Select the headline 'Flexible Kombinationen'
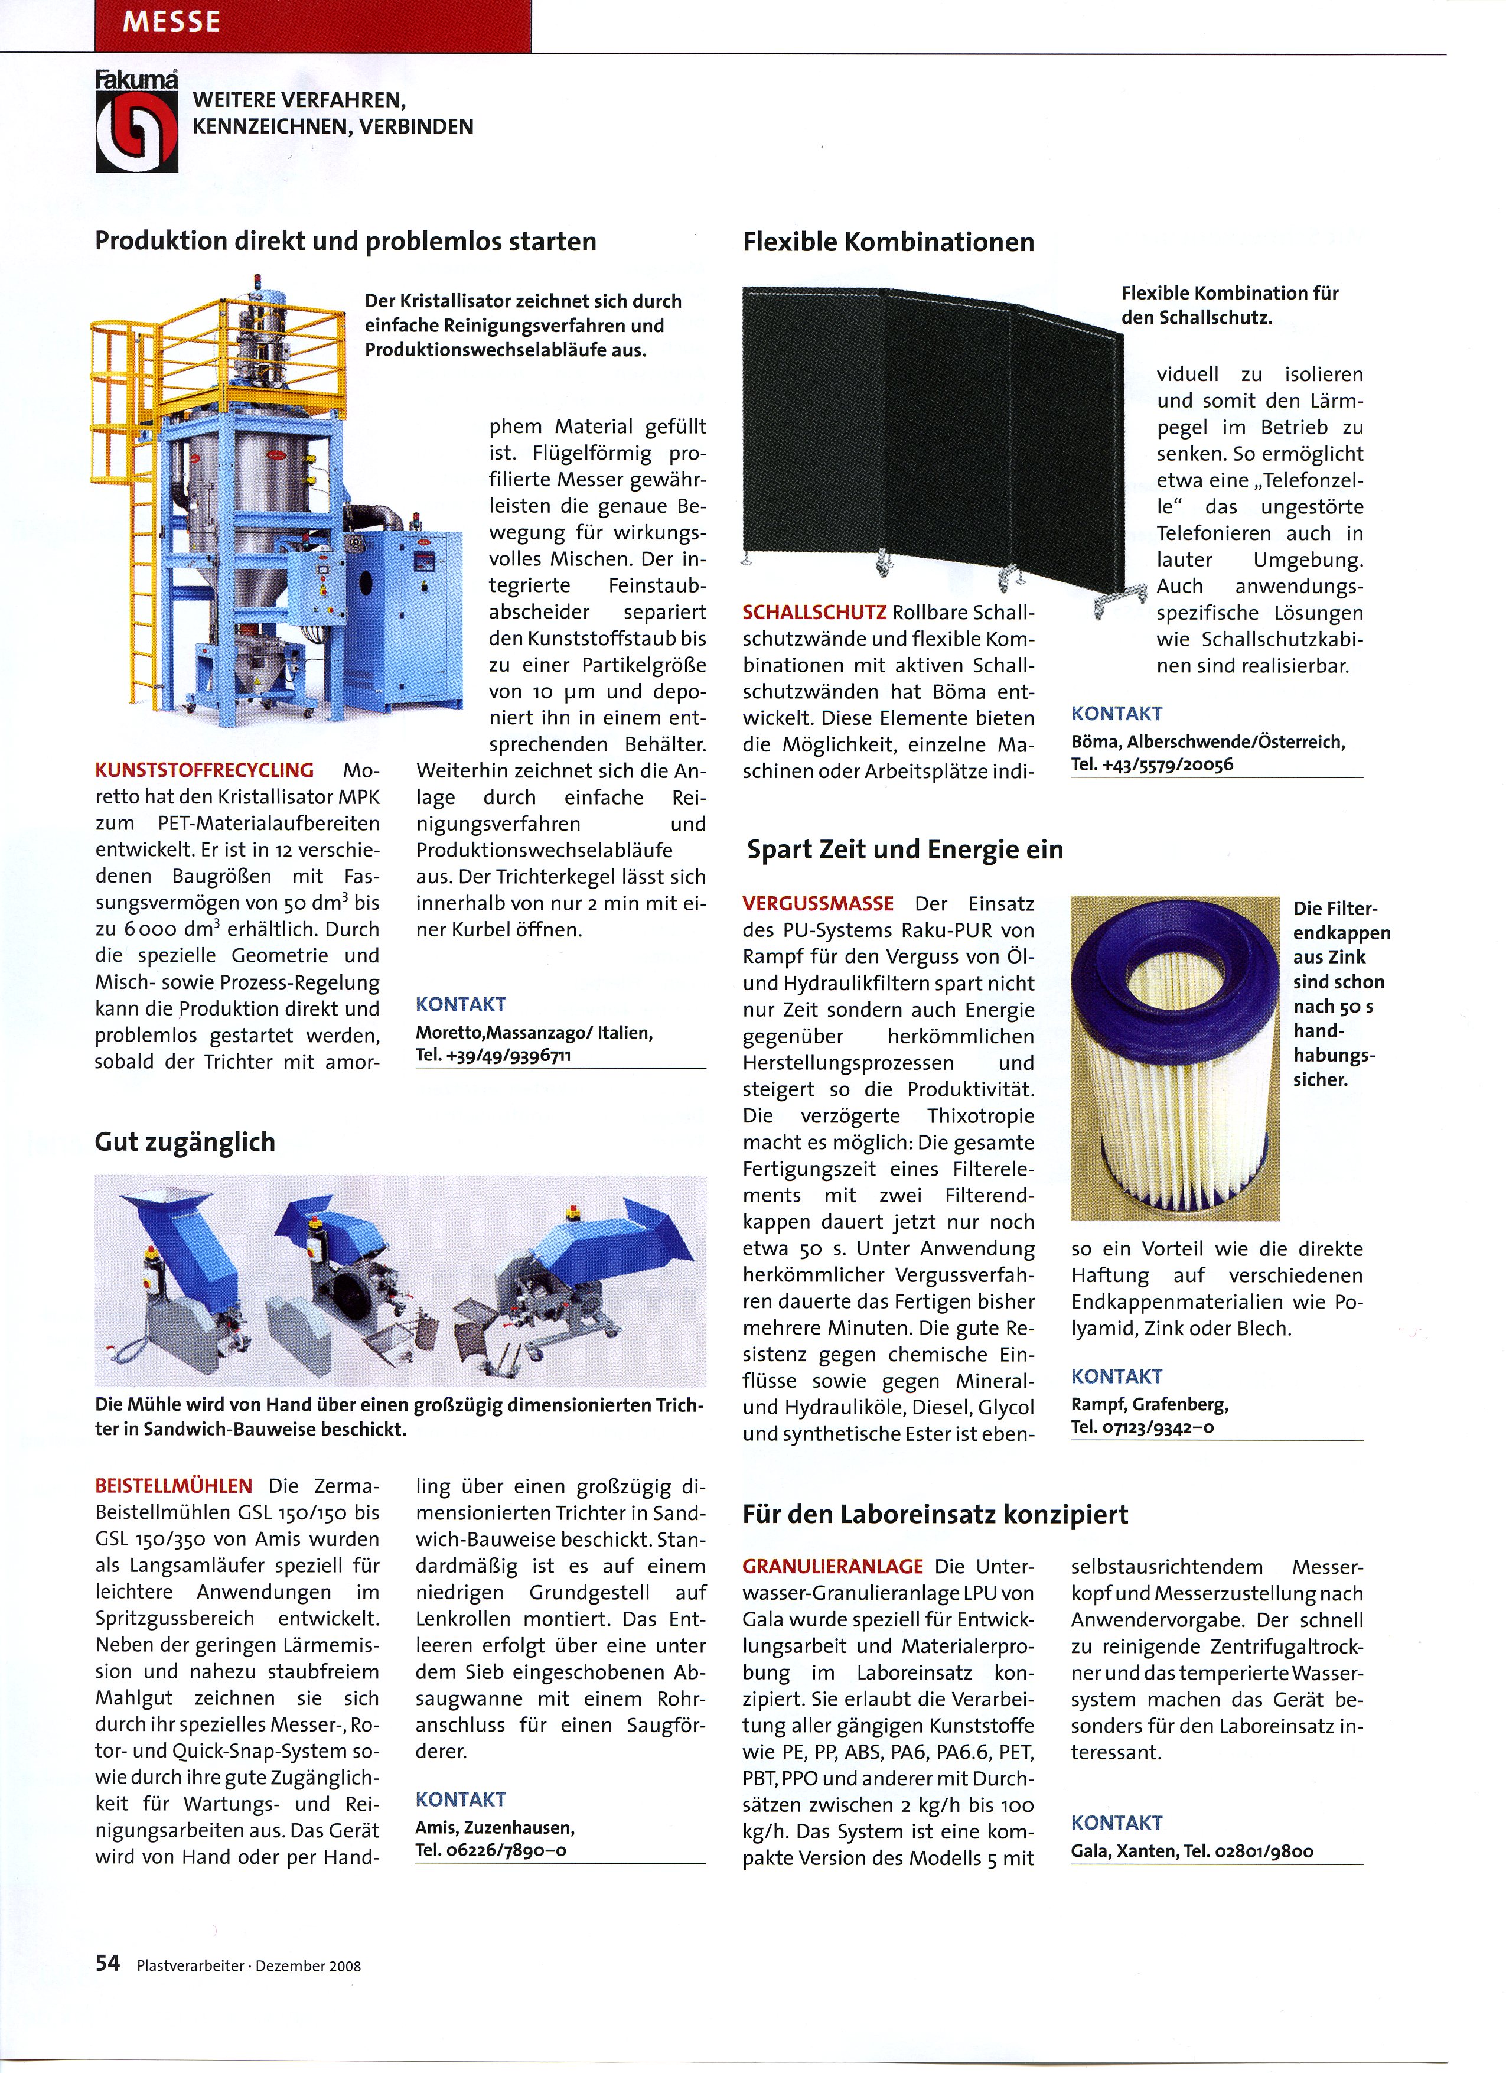click(x=888, y=242)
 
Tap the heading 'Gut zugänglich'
click(x=185, y=1141)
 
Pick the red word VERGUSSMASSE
click(x=818, y=903)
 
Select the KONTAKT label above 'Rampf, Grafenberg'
click(x=1117, y=1376)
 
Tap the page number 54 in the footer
click(x=108, y=1963)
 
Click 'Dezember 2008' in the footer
click(x=308, y=1965)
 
